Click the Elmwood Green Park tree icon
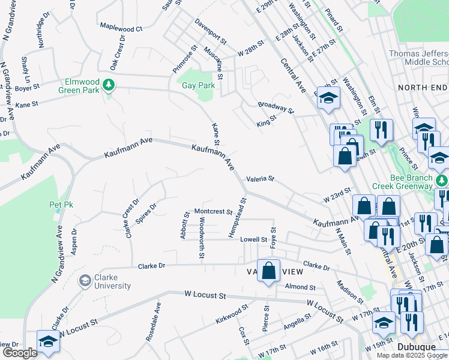(109, 85)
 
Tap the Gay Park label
(199, 85)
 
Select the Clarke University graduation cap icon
(85, 279)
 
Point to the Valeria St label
(259, 179)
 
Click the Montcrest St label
(213, 212)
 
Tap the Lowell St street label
(253, 239)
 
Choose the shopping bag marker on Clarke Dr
(270, 270)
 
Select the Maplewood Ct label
(121, 28)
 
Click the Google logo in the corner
(20, 353)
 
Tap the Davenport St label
(210, 32)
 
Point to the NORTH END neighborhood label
(423, 88)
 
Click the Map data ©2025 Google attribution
(412, 355)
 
